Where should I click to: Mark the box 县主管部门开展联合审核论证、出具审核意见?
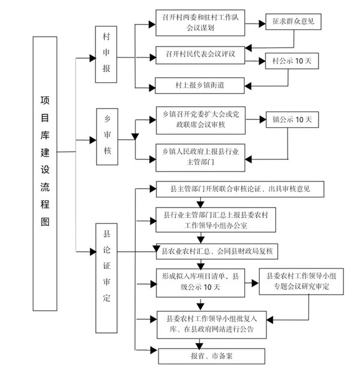(x=240, y=190)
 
